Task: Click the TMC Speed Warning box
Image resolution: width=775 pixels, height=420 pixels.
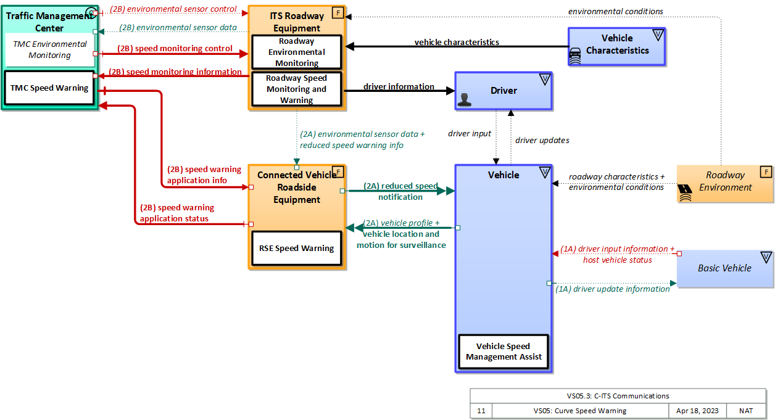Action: click(x=49, y=88)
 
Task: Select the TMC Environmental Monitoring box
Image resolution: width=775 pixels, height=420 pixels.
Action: click(x=50, y=50)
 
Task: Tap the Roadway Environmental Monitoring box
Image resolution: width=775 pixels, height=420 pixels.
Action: click(x=297, y=52)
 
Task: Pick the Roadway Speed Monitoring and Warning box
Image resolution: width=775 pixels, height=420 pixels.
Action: click(x=297, y=89)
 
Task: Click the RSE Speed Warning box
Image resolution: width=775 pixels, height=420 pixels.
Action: click(x=297, y=249)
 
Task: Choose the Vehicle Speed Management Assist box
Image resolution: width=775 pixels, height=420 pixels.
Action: click(x=504, y=352)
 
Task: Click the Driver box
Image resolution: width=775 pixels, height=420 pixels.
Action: click(x=504, y=91)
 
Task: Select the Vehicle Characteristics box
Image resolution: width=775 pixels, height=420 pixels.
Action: click(x=617, y=45)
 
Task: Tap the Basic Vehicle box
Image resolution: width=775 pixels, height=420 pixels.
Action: click(x=724, y=268)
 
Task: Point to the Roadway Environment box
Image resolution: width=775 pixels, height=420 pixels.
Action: click(x=725, y=183)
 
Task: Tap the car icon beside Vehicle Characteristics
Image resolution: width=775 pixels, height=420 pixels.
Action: click(x=575, y=56)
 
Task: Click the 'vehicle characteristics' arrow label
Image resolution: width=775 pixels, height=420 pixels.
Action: click(x=457, y=43)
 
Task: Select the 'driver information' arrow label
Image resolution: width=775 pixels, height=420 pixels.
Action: click(x=399, y=87)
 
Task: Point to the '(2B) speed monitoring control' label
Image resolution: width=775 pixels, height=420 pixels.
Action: click(x=175, y=49)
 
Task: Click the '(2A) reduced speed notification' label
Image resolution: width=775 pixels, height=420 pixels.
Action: click(x=400, y=191)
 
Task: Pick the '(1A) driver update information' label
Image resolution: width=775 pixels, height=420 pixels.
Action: click(x=612, y=289)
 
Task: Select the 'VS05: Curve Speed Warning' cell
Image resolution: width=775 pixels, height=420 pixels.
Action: click(x=579, y=411)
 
